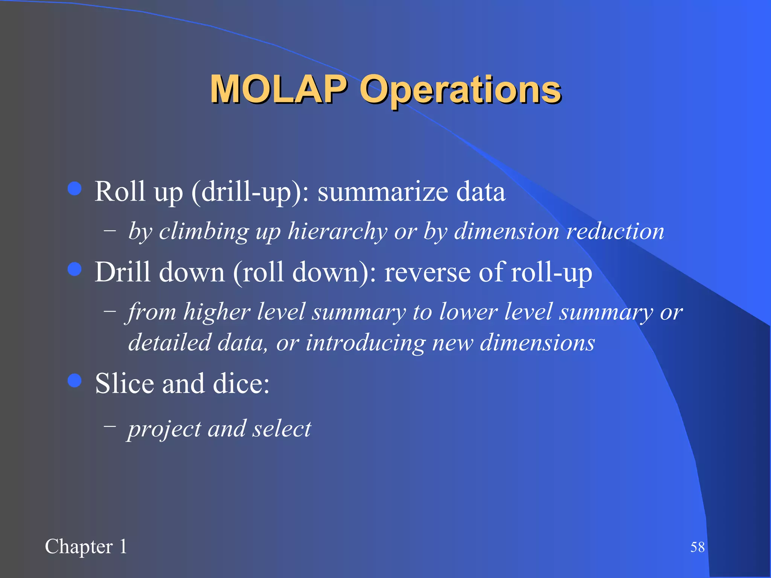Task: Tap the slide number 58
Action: (x=697, y=547)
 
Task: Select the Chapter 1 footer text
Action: (x=86, y=546)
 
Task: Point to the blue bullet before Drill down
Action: (x=75, y=269)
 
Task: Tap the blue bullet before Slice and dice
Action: (x=75, y=380)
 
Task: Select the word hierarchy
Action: (x=337, y=231)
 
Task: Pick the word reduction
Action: (x=615, y=231)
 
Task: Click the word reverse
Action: (x=427, y=272)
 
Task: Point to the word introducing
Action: (x=365, y=343)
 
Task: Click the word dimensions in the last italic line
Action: (x=537, y=343)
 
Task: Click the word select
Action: (x=282, y=429)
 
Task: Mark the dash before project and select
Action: (x=110, y=426)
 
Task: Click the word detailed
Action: (x=169, y=343)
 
